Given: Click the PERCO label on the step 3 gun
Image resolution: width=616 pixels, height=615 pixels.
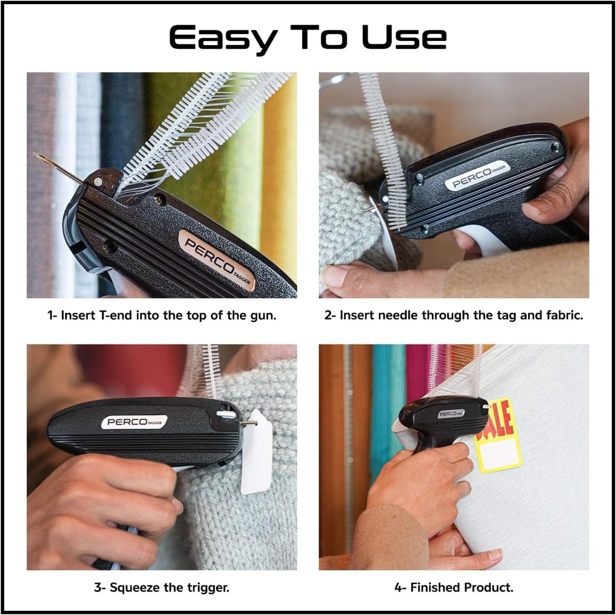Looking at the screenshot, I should coord(134,422).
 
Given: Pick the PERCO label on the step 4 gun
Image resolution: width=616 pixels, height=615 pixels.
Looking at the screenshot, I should coord(452,414).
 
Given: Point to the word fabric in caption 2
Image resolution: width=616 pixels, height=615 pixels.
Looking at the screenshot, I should coord(564,315).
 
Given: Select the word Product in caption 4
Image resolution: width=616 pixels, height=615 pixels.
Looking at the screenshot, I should coord(488,587).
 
